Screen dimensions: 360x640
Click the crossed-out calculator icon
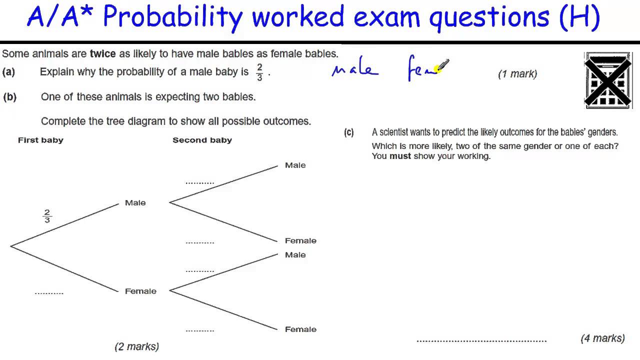coord(609,80)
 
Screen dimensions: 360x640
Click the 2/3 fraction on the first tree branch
coord(47,216)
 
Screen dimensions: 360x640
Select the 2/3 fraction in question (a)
coord(259,72)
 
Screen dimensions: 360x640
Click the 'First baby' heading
coord(40,140)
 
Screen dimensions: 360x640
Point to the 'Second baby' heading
coord(202,140)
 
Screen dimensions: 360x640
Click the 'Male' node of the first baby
coord(135,203)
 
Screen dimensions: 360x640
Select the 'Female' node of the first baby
coord(140,291)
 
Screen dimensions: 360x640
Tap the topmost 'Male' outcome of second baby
coord(295,165)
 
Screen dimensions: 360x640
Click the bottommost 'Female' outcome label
coord(300,329)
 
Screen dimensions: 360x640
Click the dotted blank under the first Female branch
coord(49,293)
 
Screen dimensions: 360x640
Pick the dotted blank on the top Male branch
coord(199,183)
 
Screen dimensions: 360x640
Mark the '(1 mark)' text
coord(517,74)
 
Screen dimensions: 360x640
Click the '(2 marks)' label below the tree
coord(136,346)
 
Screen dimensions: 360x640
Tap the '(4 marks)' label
coord(602,338)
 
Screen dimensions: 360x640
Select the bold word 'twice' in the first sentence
coord(102,54)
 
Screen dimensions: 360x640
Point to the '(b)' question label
coord(9,97)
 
